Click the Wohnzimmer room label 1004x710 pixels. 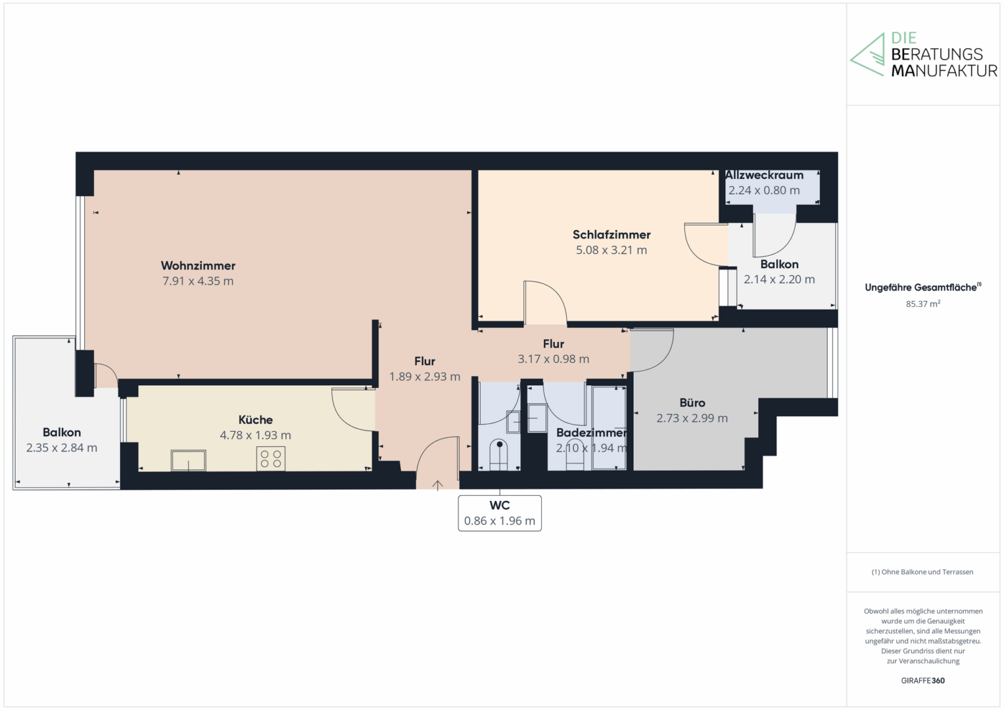(198, 266)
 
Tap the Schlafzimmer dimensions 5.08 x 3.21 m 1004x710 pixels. (611, 250)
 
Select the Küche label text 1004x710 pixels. (256, 419)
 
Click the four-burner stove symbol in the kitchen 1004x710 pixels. (271, 459)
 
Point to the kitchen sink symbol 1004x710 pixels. (188, 460)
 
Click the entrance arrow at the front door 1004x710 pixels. (437, 485)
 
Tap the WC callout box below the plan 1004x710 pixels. (500, 513)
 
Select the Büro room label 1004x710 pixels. (692, 402)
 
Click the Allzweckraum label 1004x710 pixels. (764, 175)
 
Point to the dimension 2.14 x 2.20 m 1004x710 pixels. (779, 279)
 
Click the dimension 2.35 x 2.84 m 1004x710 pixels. (62, 448)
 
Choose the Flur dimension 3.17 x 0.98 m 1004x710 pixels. (554, 359)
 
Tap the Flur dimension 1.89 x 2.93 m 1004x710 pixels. (425, 377)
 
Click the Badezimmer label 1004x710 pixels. (591, 433)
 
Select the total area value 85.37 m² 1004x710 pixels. (923, 304)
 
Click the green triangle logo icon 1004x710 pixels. (867, 55)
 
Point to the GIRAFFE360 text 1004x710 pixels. (923, 680)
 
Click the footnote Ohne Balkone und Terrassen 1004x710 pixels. (922, 572)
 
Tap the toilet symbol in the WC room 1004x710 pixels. (499, 454)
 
